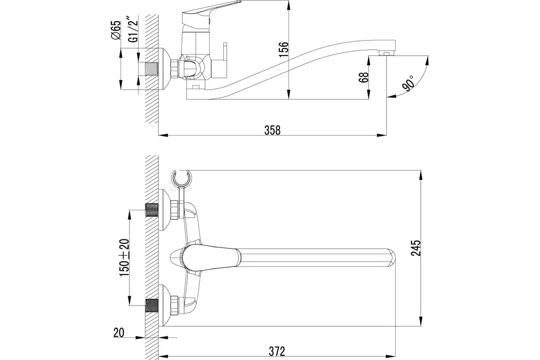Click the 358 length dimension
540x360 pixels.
point(272,130)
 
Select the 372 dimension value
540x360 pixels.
point(276,351)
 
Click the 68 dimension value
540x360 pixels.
point(364,77)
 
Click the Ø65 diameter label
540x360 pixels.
point(116,31)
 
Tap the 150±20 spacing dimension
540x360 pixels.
point(125,257)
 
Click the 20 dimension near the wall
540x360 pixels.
point(118,333)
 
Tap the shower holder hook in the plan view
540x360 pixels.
point(182,179)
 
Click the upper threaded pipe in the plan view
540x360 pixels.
point(152,210)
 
